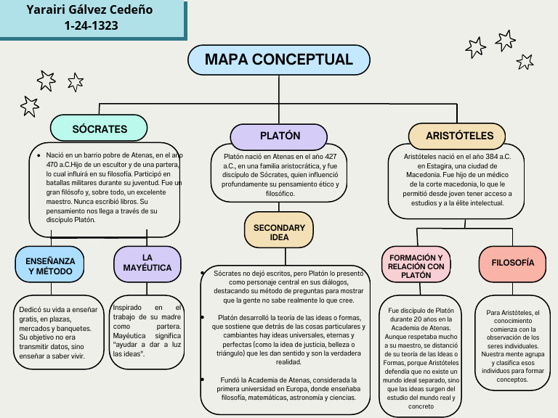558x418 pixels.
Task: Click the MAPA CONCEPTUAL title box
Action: (x=278, y=60)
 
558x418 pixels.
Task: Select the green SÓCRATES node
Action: (x=100, y=129)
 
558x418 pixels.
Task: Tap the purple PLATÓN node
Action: (x=280, y=136)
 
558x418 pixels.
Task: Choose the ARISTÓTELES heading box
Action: (x=459, y=136)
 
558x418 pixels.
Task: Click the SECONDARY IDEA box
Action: (x=279, y=232)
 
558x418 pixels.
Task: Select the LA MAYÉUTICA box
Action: (x=147, y=263)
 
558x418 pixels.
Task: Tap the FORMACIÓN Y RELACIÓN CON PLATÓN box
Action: (x=416, y=266)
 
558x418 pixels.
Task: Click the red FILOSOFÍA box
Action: (x=512, y=263)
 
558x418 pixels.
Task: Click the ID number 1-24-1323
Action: (x=91, y=26)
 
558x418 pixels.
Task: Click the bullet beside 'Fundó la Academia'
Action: (x=205, y=380)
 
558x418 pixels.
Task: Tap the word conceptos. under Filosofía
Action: (x=511, y=380)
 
